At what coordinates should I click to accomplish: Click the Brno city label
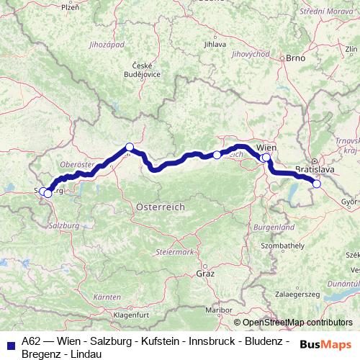(x=297, y=58)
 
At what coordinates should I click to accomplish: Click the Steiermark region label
(x=175, y=252)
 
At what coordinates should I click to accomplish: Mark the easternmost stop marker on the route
(x=316, y=184)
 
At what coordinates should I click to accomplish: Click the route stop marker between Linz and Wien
(x=217, y=155)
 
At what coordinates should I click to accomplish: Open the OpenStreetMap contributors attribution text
(x=297, y=323)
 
